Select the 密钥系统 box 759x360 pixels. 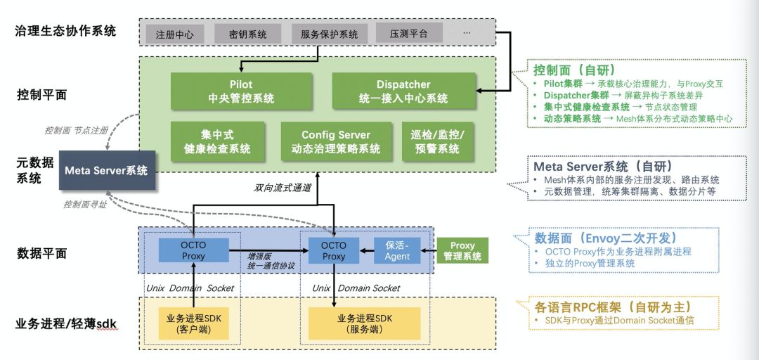(248, 34)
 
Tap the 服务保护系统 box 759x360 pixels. (329, 34)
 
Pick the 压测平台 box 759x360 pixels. (409, 32)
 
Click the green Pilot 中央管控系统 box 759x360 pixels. (241, 91)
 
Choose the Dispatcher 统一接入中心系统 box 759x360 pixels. (403, 91)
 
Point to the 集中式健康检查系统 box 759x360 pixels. (217, 141)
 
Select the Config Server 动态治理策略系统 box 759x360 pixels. (336, 141)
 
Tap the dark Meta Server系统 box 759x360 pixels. (106, 170)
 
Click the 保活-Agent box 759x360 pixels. (397, 250)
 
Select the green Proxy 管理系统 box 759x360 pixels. (462, 251)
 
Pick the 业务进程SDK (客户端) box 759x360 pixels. (193, 323)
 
